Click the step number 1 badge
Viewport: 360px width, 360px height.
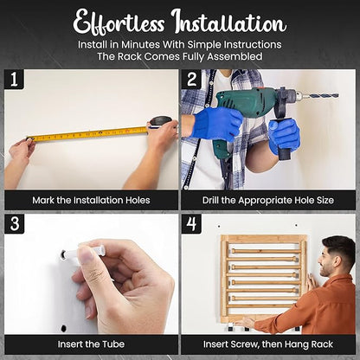(14, 79)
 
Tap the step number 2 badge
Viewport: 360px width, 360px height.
(191, 79)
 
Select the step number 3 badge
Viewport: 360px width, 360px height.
(15, 223)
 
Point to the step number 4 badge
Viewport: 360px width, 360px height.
(191, 223)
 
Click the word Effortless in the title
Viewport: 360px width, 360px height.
(119, 22)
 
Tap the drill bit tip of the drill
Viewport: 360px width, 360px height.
(337, 94)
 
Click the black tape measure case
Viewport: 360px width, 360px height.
(160, 122)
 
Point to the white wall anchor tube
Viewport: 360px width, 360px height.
(84, 251)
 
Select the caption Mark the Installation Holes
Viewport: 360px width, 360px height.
(91, 200)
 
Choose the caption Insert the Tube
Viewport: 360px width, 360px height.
(91, 344)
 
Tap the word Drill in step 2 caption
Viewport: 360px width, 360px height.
(210, 200)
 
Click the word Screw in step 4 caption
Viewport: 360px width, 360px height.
(238, 344)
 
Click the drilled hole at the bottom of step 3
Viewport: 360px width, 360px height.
(63, 328)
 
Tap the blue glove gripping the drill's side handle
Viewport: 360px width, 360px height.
(284, 136)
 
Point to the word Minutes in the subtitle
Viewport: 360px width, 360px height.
(140, 44)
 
